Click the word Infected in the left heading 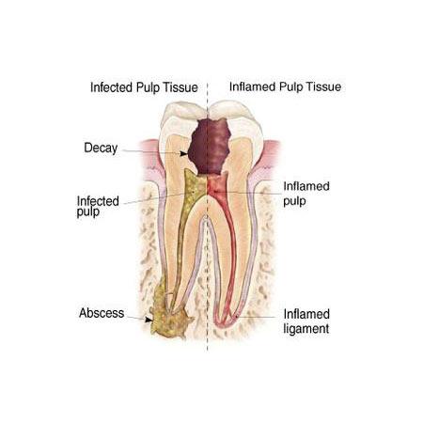tap(111, 87)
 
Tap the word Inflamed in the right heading tap(252, 86)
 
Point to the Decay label tap(101, 149)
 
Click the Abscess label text tap(102, 313)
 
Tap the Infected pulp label tap(98, 206)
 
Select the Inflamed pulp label tap(306, 194)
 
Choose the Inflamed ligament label tap(306, 321)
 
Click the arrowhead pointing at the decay tap(184, 153)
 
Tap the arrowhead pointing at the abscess tap(149, 320)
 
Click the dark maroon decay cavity tap(210, 147)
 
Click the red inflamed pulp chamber tap(216, 188)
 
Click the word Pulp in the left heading tap(147, 87)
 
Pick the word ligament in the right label tap(306, 328)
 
